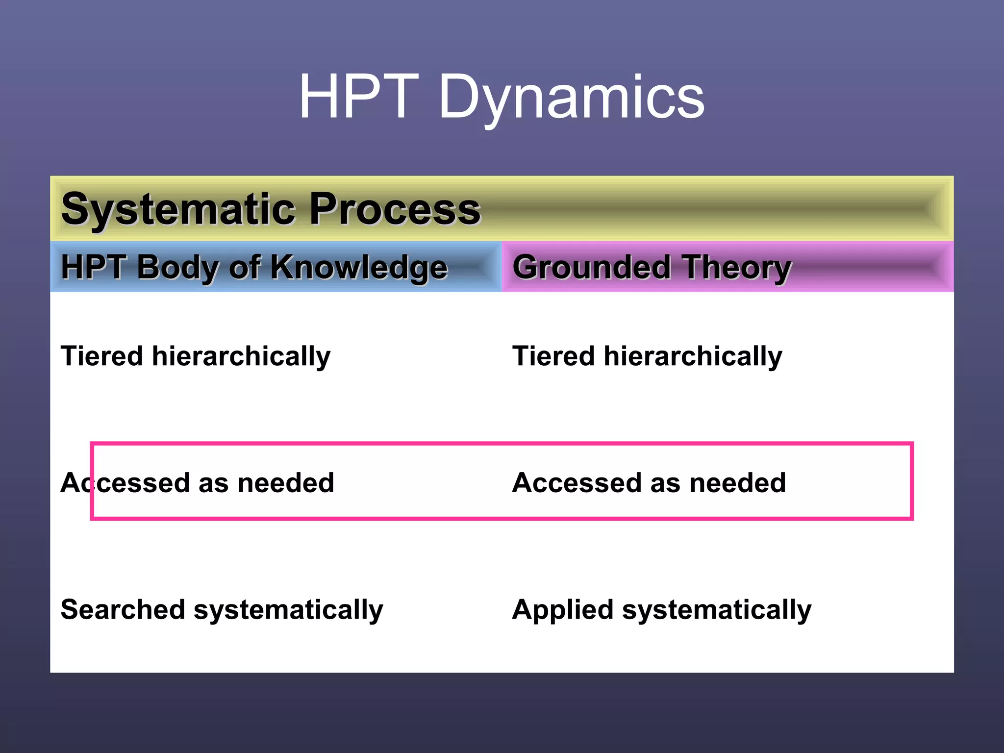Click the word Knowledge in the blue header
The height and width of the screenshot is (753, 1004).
[359, 267]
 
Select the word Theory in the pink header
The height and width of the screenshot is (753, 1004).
[737, 267]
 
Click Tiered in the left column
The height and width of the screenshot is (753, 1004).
[102, 356]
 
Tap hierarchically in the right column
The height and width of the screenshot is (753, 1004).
[693, 356]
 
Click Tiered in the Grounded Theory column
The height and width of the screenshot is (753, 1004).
[553, 356]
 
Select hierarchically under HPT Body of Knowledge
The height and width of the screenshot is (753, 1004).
[241, 356]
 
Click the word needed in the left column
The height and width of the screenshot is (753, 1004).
[286, 483]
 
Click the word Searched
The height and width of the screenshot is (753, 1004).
[123, 609]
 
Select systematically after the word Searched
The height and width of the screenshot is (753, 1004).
[288, 610]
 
